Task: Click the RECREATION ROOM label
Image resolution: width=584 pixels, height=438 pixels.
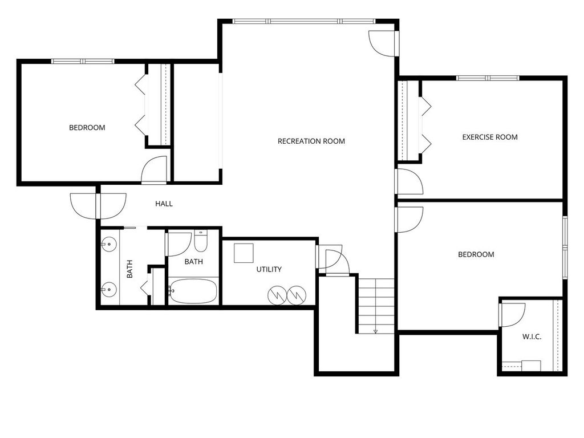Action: coord(311,141)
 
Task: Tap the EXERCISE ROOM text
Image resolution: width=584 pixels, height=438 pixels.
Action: coord(489,137)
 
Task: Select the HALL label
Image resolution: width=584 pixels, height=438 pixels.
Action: coord(164,204)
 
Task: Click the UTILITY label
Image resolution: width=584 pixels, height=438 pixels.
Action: coord(269,269)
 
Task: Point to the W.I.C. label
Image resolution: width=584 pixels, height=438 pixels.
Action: coord(532,336)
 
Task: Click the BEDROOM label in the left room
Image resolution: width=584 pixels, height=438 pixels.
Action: coord(87,128)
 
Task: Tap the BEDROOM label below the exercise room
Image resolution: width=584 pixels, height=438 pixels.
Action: coord(476,254)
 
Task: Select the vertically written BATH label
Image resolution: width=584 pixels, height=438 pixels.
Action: coord(129,269)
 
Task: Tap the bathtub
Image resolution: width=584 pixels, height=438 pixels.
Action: coord(193,291)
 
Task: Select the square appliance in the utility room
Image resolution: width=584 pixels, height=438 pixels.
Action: coord(244,253)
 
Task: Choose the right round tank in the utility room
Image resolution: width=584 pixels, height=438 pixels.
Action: coord(297,295)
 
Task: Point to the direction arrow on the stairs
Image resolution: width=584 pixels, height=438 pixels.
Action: coord(376,330)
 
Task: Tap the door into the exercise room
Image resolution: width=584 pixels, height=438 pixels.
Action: coord(409,182)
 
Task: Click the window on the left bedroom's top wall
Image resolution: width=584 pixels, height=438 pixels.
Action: coord(83,61)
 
